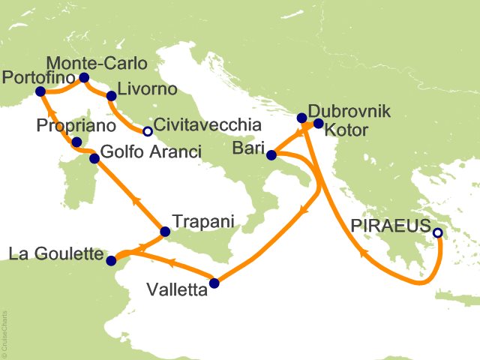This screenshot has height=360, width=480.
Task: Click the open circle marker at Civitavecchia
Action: coord(148,131)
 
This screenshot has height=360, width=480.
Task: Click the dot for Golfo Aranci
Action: coord(94,158)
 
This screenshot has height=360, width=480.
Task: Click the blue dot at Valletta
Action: coord(214,283)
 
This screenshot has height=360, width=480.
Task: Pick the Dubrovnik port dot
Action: coord(301,118)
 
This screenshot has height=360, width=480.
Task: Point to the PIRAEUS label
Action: coord(391,225)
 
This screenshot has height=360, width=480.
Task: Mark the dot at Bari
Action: coord(271,155)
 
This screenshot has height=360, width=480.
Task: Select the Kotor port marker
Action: coord(318,124)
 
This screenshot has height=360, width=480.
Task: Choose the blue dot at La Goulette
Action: coord(112,260)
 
